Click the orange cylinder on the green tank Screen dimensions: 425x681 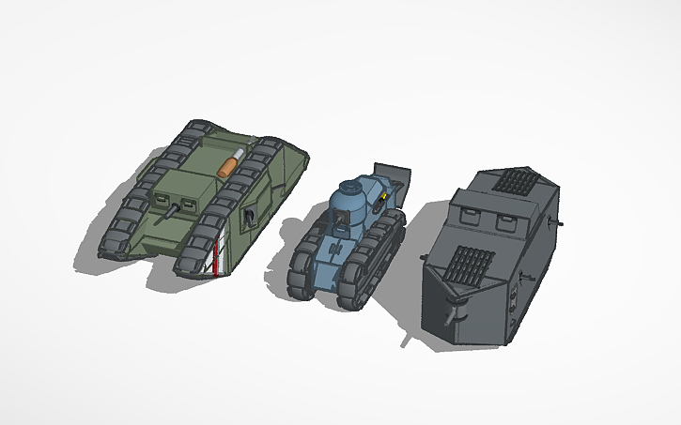click(227, 165)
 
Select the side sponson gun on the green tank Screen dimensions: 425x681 click(250, 218)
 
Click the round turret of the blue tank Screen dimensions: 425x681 click(352, 202)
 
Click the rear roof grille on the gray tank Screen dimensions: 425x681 click(513, 178)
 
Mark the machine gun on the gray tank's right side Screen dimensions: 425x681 click(514, 300)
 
